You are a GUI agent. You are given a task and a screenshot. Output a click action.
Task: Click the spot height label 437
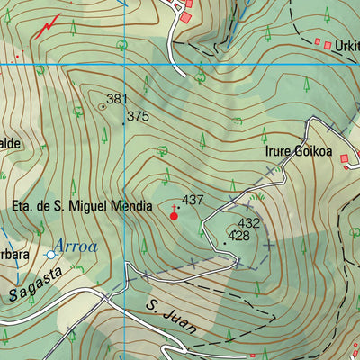193,199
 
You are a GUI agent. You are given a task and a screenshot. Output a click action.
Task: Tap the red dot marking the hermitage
174,216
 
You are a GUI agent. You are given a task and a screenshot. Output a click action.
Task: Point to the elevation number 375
138,117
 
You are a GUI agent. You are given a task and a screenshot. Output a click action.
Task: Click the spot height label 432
248,223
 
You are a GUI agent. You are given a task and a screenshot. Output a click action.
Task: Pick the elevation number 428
238,236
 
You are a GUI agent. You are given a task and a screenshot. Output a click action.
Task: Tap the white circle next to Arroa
50,255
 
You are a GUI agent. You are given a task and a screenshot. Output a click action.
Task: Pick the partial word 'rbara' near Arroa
15,255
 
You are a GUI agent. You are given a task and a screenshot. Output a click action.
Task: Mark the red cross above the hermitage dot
174,207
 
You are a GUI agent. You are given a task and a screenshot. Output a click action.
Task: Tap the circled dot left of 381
102,105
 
